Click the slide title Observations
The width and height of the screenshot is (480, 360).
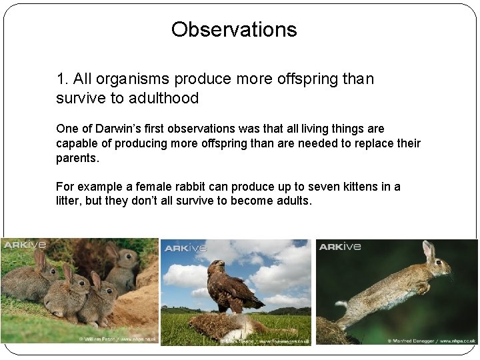pyautogui.click(x=234, y=29)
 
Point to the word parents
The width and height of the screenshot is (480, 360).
pyautogui.click(x=77, y=159)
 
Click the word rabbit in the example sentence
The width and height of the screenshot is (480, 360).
pyautogui.click(x=195, y=187)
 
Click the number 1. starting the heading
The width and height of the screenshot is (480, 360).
pyautogui.click(x=63, y=79)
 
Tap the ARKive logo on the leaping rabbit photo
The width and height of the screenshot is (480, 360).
pyautogui.click(x=340, y=247)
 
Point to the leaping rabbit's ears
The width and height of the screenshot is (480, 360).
pyautogui.click(x=427, y=251)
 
